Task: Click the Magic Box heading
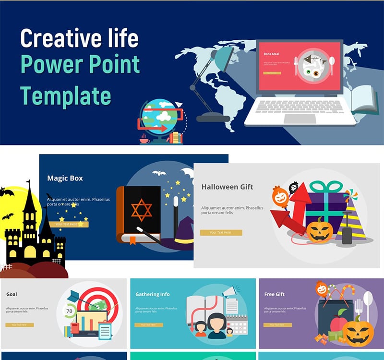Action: coord(65,178)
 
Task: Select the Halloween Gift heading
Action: coord(227,187)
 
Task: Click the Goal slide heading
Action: coord(12,294)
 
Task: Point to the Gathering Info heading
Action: coord(152,294)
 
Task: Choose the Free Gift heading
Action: coord(275,294)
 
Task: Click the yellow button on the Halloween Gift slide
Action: coord(221,232)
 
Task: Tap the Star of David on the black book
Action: coord(142,211)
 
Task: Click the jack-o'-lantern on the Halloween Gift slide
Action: coord(320,230)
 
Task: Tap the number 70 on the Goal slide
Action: coord(69,311)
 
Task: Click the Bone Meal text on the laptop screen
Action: coord(271,54)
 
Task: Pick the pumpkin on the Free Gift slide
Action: coord(358,331)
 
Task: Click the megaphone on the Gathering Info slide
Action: coord(228,292)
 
